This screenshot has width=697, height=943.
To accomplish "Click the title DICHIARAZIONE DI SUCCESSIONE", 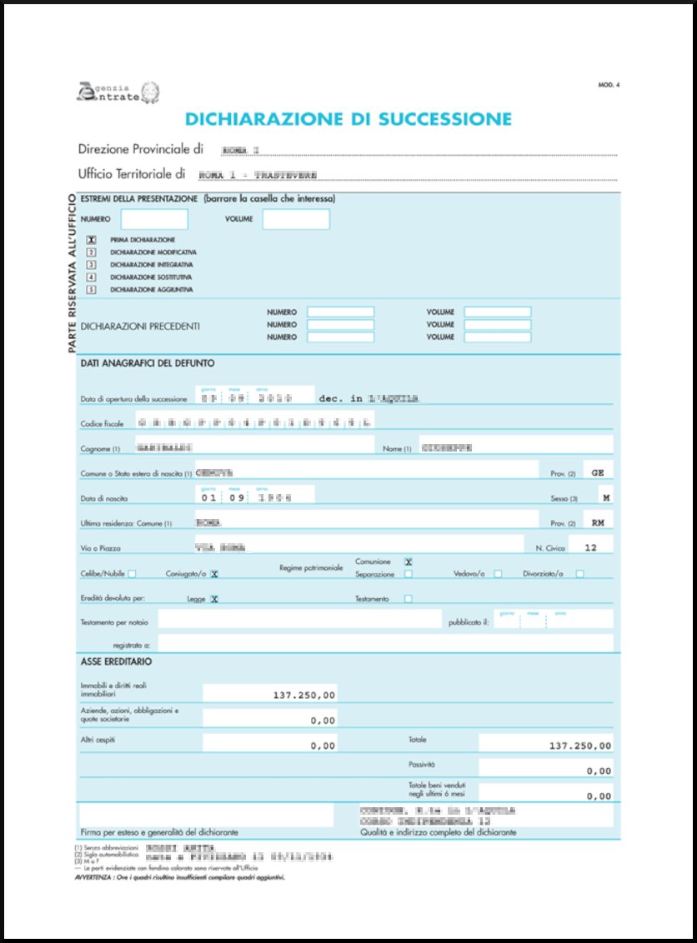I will [348, 118].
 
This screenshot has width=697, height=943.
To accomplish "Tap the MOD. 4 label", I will [609, 85].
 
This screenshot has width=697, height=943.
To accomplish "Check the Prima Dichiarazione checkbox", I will [93, 239].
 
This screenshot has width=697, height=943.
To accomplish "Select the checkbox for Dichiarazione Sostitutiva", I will [93, 277].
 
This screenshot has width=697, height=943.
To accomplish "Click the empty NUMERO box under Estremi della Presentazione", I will [154, 219].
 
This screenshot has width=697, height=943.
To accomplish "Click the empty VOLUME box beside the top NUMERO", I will [296, 219].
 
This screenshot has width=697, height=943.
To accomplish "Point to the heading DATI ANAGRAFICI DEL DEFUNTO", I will [148, 363].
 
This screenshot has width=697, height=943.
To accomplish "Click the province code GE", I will [597, 471].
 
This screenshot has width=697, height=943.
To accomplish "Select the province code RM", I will [597, 524].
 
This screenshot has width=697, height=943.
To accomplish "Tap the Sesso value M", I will [606, 498].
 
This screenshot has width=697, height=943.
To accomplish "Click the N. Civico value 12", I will [591, 547].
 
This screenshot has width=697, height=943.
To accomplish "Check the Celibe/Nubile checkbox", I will [133, 573].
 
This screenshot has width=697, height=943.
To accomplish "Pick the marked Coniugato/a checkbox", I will [214, 573].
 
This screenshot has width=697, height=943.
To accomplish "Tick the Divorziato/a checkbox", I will [579, 573].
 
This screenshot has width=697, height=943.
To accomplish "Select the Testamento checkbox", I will [408, 598].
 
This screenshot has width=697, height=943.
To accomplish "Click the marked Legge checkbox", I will [214, 598].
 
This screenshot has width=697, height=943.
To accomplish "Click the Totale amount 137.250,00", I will [580, 745].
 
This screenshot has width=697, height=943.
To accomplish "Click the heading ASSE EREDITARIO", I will [116, 661].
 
